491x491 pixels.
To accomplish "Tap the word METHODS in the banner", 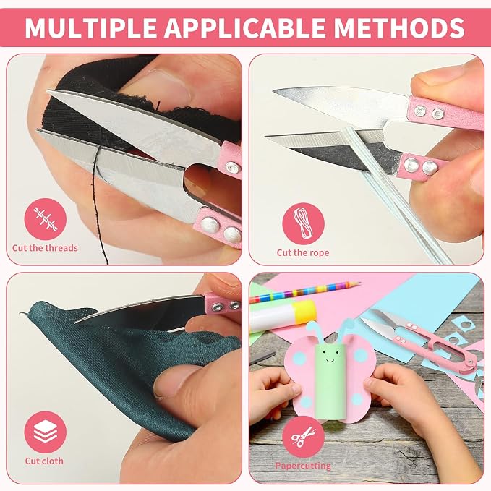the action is pos(398,28).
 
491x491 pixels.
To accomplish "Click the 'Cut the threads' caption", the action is pos(45,248).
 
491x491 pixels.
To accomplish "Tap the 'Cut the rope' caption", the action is pos(303,252).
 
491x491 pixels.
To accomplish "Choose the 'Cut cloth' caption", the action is pos(44,461).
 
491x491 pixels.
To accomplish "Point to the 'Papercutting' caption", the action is pos(303,466).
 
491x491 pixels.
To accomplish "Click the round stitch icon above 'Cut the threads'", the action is pos(46,219).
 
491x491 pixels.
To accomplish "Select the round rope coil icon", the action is pos(303,223).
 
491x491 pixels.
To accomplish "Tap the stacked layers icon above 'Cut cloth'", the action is pos(46,432).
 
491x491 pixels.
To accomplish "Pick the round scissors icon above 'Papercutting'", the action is pos(303,437).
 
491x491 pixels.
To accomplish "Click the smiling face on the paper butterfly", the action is pos(331,356).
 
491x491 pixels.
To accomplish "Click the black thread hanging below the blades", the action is pos(100,203).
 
